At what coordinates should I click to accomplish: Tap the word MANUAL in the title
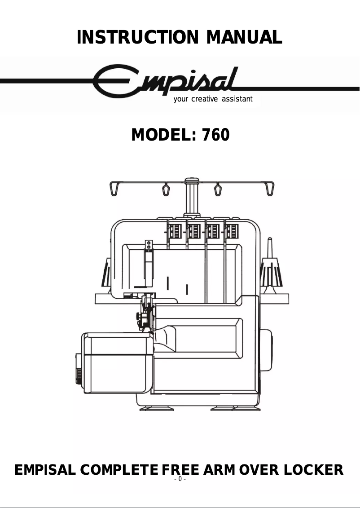pos(244,37)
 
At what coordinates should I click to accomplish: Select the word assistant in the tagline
pos(235,99)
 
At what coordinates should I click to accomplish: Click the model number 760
pos(215,134)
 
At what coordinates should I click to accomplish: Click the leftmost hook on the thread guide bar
pos(115,187)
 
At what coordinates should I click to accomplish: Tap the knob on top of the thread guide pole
pos(192,181)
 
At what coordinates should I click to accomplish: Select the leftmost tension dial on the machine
pos(175,233)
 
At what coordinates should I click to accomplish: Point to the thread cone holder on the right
pos(271,269)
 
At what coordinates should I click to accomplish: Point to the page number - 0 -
pos(180,479)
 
